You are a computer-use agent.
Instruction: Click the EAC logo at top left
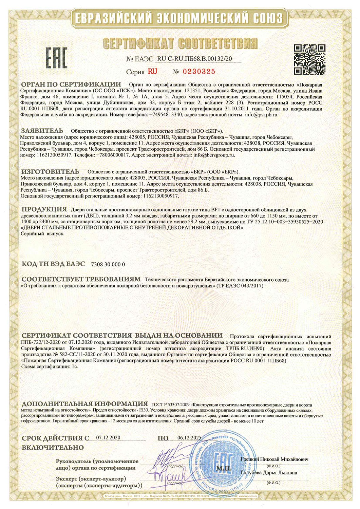click(56, 57)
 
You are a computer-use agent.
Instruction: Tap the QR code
click(309, 59)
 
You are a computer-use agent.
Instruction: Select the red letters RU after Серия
click(152, 72)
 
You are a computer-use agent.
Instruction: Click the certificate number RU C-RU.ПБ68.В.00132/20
click(195, 59)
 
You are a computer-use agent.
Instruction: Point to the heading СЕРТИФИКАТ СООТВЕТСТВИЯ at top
click(180, 44)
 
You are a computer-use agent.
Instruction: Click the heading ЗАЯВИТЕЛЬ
click(42, 131)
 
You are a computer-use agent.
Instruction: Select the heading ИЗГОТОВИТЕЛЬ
click(50, 171)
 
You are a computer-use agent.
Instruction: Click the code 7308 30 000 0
click(108, 264)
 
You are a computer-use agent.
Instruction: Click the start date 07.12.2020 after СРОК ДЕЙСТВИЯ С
click(108, 437)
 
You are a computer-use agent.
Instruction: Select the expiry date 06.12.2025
click(189, 437)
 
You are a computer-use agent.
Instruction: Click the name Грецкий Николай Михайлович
click(274, 459)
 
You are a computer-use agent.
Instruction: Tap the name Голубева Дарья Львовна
click(269, 472)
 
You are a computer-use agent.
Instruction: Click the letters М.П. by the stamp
click(224, 469)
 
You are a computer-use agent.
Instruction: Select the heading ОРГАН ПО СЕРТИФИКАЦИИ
click(71, 84)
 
